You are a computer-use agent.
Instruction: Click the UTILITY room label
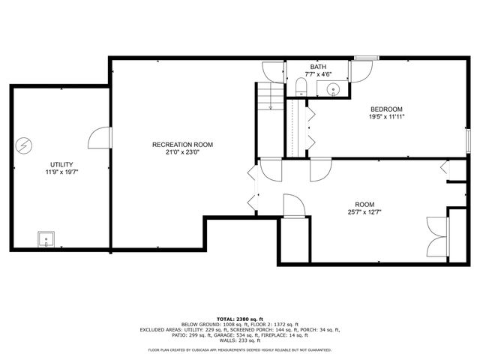tap(61, 163)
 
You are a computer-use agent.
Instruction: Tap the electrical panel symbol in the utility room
tap(25, 144)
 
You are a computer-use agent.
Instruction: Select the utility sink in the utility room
tap(46, 240)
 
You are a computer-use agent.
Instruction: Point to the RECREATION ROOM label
tap(182, 145)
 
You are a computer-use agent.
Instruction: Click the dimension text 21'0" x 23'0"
tap(182, 152)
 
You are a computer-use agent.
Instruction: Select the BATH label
tap(318, 67)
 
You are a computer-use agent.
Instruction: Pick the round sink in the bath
tap(334, 90)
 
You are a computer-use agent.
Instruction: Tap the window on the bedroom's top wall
tap(365, 57)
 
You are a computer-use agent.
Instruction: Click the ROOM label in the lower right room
tap(364, 204)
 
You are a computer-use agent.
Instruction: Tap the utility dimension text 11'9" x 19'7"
tap(61, 172)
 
